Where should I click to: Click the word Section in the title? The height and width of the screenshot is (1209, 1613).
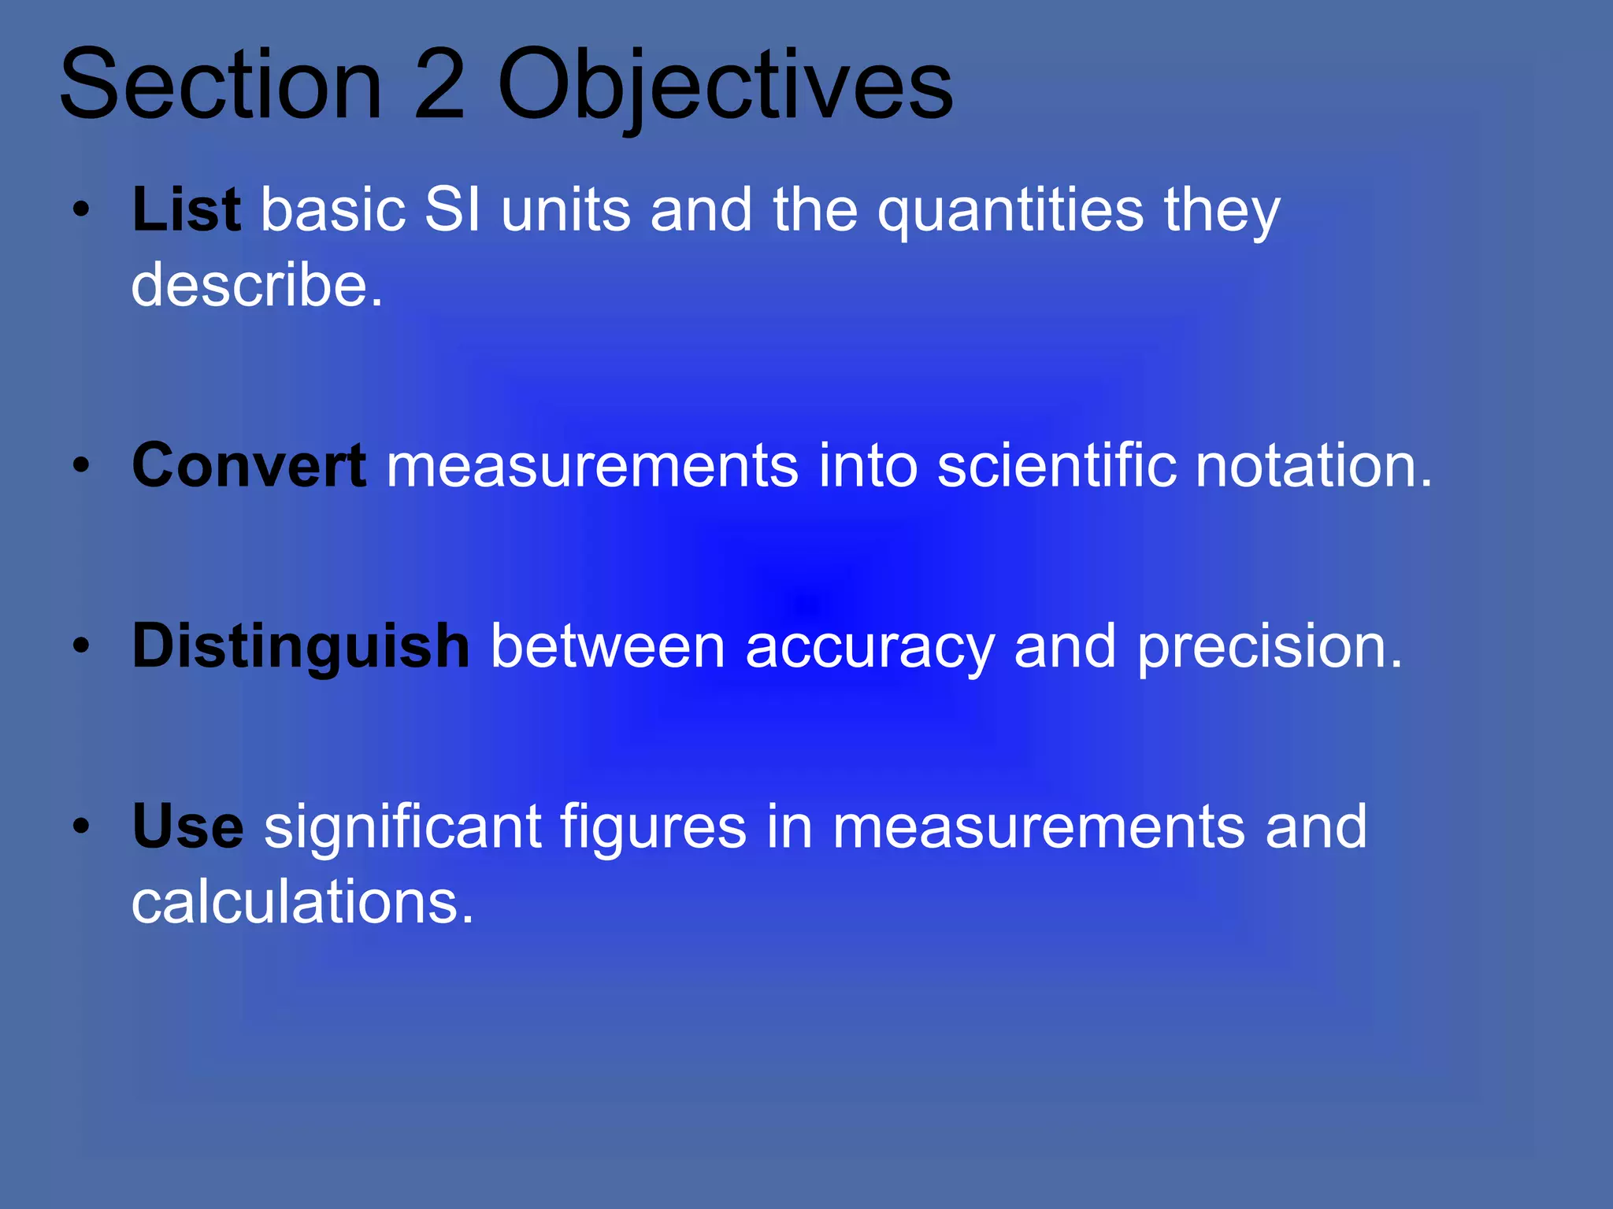tap(221, 85)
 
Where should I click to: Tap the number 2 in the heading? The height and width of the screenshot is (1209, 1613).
tap(439, 85)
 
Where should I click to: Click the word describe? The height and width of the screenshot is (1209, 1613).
tap(257, 284)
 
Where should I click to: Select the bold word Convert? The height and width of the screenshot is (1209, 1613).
tap(249, 465)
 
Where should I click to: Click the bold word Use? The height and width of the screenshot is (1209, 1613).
tap(187, 826)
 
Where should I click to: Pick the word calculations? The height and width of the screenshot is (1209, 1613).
tap(302, 902)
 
